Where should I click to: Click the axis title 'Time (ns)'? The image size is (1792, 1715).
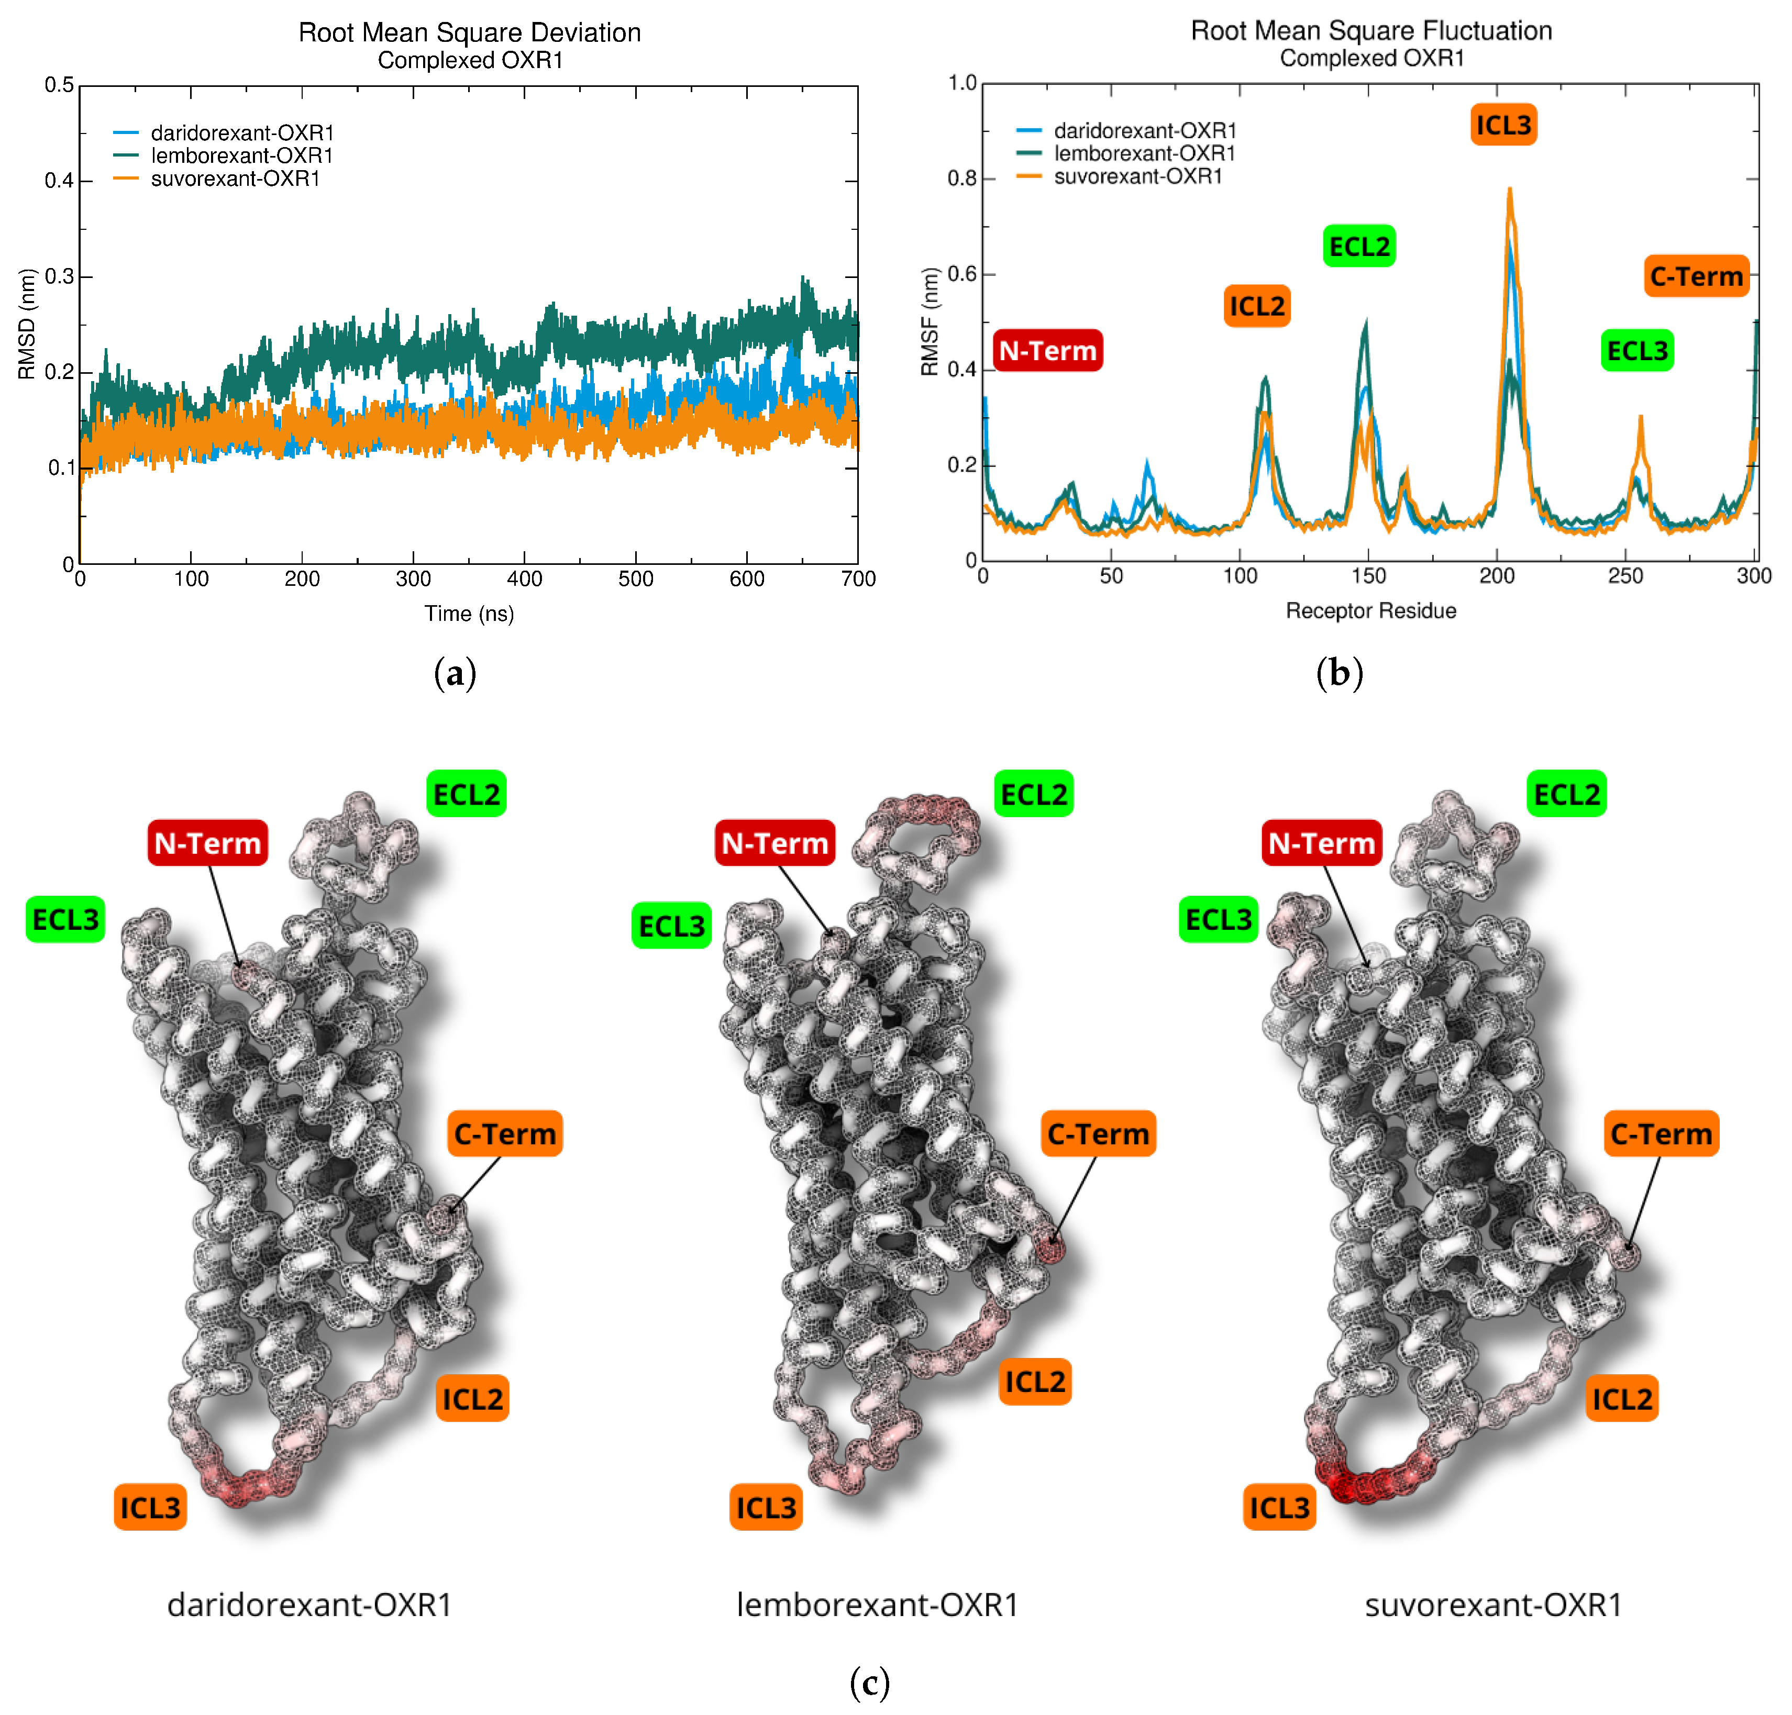(469, 614)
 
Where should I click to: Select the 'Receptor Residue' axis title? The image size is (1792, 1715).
(1370, 611)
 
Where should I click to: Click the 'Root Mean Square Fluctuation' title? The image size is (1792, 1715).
(1370, 31)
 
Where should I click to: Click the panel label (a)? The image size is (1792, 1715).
(455, 674)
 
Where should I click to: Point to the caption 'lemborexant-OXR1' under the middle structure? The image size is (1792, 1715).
(877, 1605)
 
